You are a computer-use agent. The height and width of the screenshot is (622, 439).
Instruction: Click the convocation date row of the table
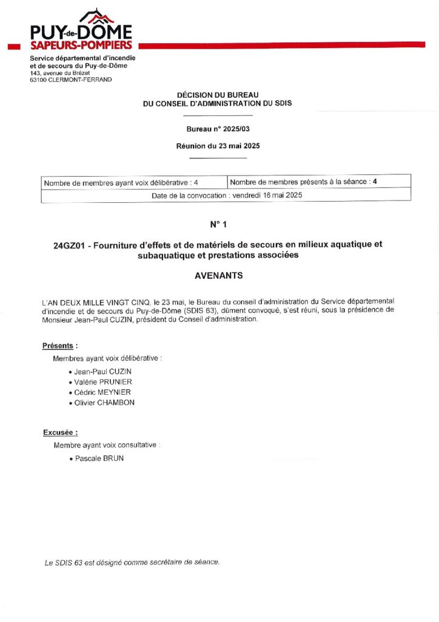(226, 196)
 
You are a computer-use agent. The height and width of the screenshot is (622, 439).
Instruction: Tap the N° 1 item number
(218, 225)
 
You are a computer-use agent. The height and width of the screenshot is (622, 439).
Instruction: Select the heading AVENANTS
(218, 275)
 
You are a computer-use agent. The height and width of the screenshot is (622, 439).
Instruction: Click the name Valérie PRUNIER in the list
(102, 382)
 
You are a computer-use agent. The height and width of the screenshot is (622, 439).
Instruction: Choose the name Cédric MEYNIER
(102, 392)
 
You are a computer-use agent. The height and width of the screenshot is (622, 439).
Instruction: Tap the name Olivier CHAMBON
(104, 403)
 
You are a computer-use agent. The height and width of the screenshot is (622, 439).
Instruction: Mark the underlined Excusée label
(59, 432)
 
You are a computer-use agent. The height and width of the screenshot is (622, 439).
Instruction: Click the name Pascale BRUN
(99, 458)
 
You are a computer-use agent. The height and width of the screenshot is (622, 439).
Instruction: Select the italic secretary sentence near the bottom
(132, 562)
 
